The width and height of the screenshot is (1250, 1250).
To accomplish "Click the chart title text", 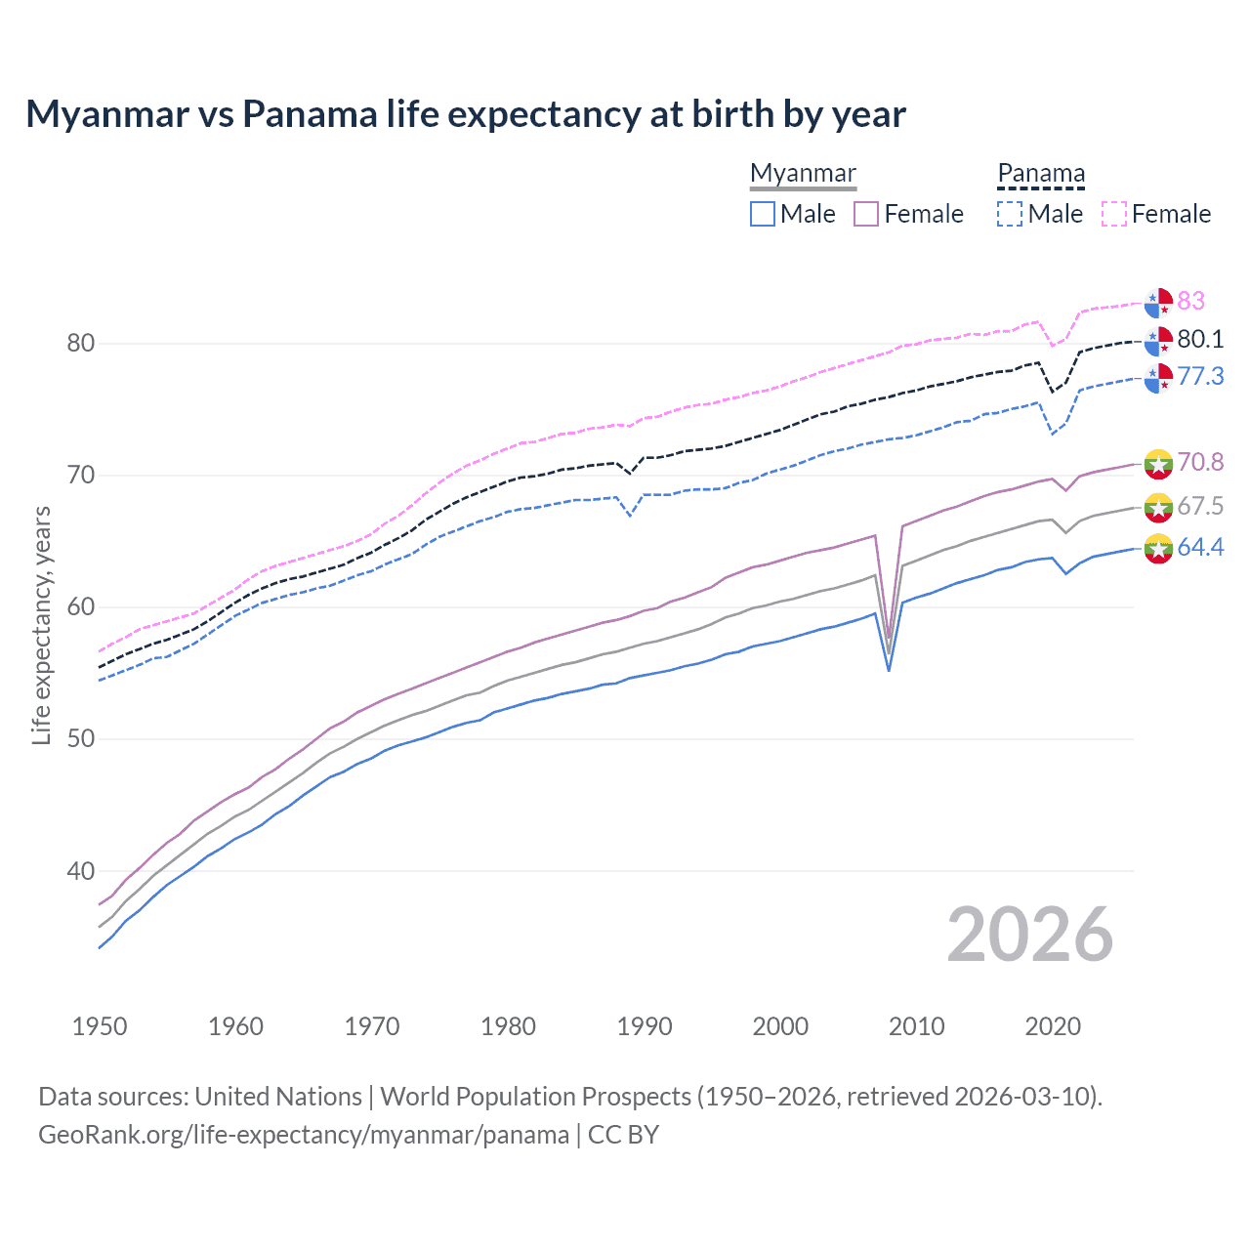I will [466, 114].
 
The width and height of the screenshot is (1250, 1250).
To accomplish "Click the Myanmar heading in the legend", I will [803, 173].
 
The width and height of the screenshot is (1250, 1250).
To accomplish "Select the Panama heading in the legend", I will [1041, 173].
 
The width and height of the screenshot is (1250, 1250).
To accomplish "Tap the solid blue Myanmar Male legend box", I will [763, 214].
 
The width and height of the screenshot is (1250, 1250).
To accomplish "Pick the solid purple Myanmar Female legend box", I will [866, 214].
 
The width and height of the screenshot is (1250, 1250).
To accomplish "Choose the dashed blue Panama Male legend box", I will [1010, 214].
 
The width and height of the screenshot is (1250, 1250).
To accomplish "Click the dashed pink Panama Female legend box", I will [1114, 214].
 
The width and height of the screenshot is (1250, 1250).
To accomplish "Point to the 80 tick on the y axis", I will [81, 343].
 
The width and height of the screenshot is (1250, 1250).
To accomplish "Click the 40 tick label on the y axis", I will [81, 870].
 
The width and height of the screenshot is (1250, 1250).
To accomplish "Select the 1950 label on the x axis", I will [100, 1026].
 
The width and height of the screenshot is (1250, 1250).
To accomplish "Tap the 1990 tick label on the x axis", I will [645, 1026].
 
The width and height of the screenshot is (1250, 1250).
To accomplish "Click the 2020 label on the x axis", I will [1053, 1026].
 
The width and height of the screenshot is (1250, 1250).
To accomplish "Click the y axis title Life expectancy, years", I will [41, 625].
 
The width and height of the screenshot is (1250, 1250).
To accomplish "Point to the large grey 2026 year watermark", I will [1029, 935].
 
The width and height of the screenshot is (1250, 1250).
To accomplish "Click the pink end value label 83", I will [1191, 301].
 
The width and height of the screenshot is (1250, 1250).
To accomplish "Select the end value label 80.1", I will [1200, 339].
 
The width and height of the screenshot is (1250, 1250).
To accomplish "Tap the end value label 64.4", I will [1200, 547].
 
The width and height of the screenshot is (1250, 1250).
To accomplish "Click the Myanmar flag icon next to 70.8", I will [1158, 463].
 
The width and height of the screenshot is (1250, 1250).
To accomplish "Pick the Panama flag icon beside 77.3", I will [1158, 378].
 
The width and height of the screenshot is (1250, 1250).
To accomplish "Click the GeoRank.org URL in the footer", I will [304, 1135].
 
